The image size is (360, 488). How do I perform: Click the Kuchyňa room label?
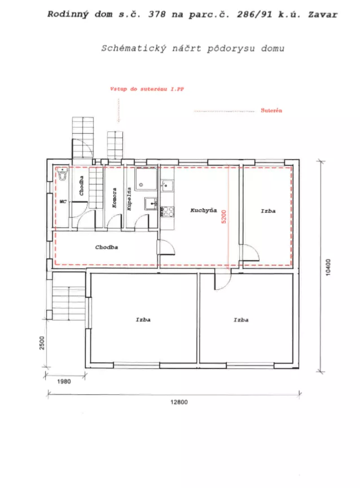204,210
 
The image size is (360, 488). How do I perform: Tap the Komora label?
114,197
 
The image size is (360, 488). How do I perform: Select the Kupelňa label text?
129,199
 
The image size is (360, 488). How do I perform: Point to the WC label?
63,201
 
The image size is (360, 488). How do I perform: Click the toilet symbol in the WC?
63,174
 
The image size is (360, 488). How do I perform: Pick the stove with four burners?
167,212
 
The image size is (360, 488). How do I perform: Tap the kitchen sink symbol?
167,186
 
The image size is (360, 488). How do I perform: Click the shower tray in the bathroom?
146,179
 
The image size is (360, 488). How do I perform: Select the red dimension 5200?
223,217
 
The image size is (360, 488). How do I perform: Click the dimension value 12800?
179,402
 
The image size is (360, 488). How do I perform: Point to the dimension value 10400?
328,267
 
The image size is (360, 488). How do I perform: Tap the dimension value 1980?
64,381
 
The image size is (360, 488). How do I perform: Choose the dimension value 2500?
42,343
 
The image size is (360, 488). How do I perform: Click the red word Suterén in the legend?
271,110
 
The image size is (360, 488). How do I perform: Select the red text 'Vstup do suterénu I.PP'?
147,89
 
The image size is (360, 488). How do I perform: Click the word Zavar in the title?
323,15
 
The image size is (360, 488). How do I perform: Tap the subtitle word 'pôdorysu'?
231,49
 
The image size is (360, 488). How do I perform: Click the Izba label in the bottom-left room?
143,320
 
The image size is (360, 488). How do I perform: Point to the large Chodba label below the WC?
107,247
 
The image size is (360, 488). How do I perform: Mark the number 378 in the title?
157,15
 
